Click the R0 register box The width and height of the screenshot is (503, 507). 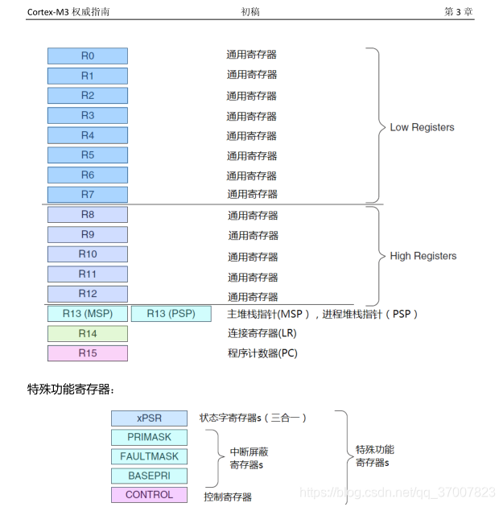tap(87, 56)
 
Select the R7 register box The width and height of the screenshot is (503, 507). tap(87, 195)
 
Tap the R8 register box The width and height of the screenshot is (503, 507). tap(87, 215)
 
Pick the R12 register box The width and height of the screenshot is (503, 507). tap(87, 294)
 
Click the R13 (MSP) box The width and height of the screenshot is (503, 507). tap(87, 314)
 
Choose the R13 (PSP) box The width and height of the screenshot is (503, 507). tap(171, 314)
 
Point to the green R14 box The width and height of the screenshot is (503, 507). tap(87, 333)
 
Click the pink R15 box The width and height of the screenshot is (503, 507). tap(87, 353)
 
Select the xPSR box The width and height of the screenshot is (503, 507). tap(149, 418)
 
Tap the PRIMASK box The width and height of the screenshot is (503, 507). tap(149, 438)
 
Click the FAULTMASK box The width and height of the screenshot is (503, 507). tap(149, 456)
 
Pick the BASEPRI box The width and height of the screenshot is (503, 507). tap(149, 476)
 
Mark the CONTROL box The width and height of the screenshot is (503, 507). tap(149, 495)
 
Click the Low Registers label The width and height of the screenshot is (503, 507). tap(422, 127)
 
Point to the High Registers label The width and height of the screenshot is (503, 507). tap(423, 256)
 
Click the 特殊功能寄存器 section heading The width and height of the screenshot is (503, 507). tap(71, 390)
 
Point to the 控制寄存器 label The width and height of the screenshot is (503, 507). tap(228, 497)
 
